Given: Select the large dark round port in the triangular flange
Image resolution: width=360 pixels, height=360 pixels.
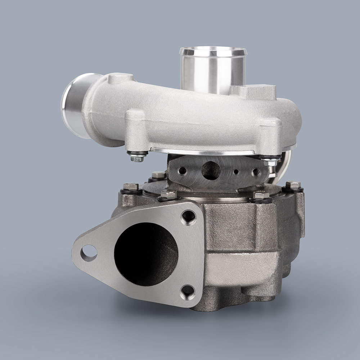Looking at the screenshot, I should pos(146,254).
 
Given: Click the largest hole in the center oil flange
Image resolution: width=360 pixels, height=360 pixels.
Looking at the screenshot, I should pos(211,170).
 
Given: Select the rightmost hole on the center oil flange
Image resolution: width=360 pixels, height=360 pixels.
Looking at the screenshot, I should pos(256,172).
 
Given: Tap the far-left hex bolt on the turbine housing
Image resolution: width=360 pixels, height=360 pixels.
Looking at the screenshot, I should pos(131,187).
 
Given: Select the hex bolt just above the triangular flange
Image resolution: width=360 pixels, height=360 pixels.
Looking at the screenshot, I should pos(168,195).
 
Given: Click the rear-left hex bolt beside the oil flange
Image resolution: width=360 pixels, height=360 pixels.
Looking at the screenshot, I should pos(158,176).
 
